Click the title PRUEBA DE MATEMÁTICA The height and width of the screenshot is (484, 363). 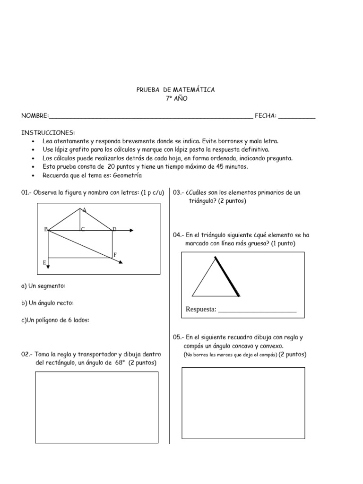(x=175, y=90)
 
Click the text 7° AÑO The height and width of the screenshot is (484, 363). (x=176, y=98)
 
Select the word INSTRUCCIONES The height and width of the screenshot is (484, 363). (x=48, y=132)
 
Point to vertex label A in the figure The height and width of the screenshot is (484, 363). (x=84, y=210)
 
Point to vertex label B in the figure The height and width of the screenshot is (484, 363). (x=46, y=229)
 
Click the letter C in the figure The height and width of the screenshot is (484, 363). (x=82, y=229)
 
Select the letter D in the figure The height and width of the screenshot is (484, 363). (x=114, y=229)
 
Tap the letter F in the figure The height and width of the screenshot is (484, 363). (x=114, y=255)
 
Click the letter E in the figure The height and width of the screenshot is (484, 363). (x=44, y=261)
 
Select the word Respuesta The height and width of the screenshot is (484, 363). (x=201, y=309)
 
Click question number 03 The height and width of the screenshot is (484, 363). (x=178, y=192)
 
